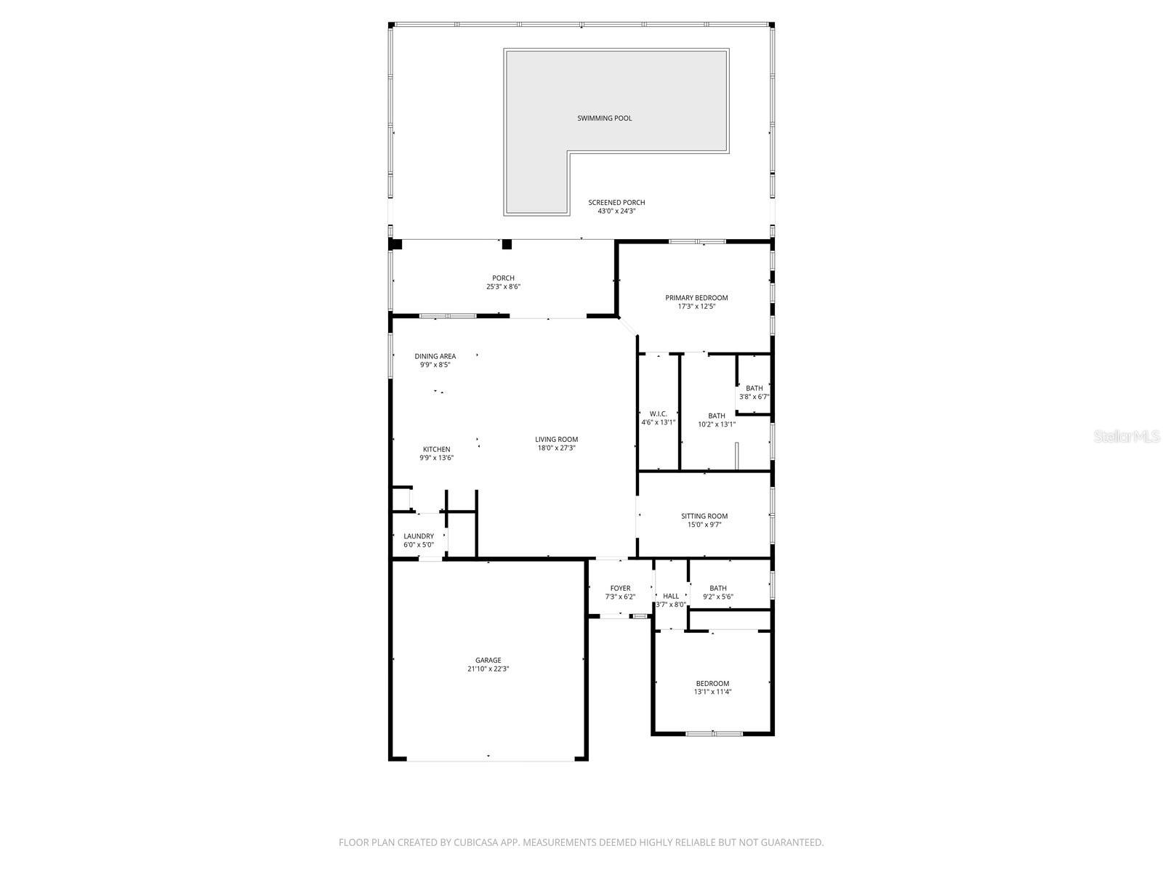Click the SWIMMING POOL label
pyautogui.click(x=604, y=118)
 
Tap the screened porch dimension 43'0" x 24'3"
pyautogui.click(x=616, y=211)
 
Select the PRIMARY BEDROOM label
pyautogui.click(x=696, y=298)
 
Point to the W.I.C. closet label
pyautogui.click(x=659, y=413)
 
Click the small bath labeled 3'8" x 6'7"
pyautogui.click(x=754, y=397)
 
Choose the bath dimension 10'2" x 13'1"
pyautogui.click(x=717, y=424)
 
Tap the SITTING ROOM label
pyautogui.click(x=704, y=516)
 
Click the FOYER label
pyautogui.click(x=620, y=588)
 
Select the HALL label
pyautogui.click(x=671, y=596)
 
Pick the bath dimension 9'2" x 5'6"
pyautogui.click(x=718, y=597)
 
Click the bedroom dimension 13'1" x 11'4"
pyautogui.click(x=712, y=692)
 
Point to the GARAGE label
pyautogui.click(x=488, y=661)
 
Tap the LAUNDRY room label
pyautogui.click(x=419, y=536)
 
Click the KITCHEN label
pyautogui.click(x=436, y=449)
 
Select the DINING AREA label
pyautogui.click(x=435, y=356)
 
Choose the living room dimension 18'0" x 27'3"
pyautogui.click(x=556, y=448)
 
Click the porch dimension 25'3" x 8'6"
pyautogui.click(x=503, y=287)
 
